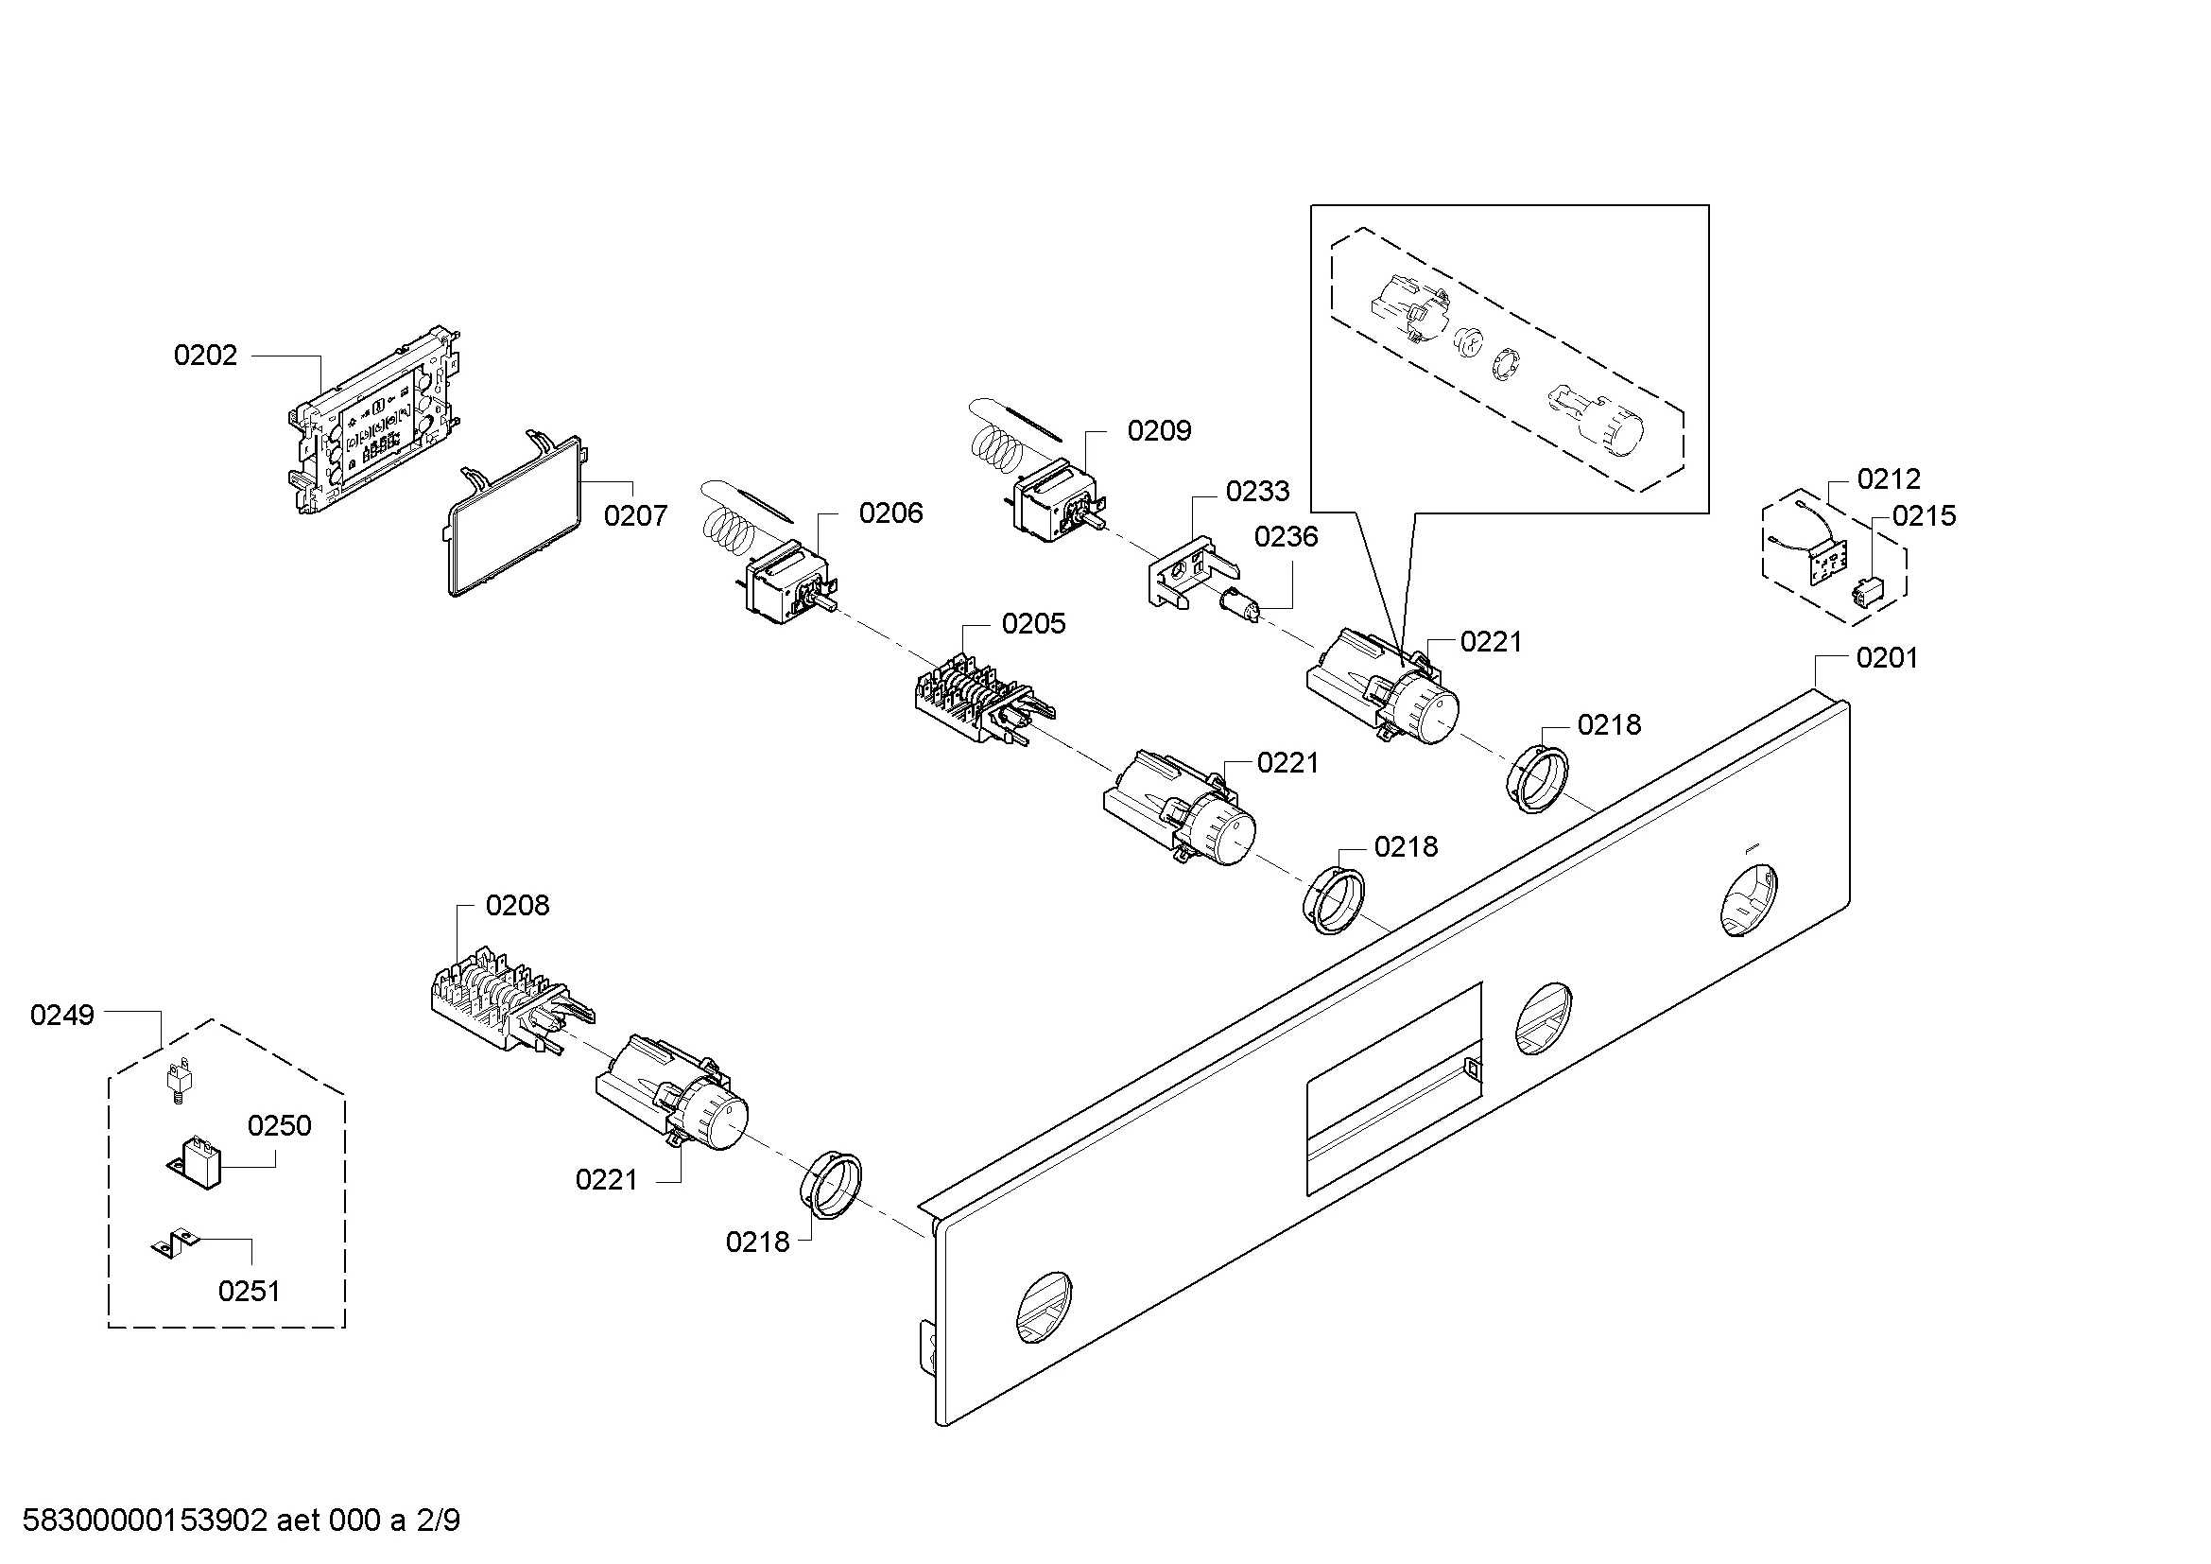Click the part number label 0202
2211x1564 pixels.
click(204, 356)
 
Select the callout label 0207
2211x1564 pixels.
click(634, 516)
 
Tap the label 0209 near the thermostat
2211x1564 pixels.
click(1159, 430)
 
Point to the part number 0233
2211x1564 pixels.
click(1256, 491)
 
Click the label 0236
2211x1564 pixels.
click(1286, 536)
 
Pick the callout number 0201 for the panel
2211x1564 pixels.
click(1887, 658)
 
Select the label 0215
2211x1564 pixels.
click(1924, 516)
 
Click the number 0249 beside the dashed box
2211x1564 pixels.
click(61, 1015)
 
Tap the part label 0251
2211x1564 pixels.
click(249, 1291)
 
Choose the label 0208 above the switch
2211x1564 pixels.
click(517, 905)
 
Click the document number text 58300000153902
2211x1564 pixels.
click(145, 1521)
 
